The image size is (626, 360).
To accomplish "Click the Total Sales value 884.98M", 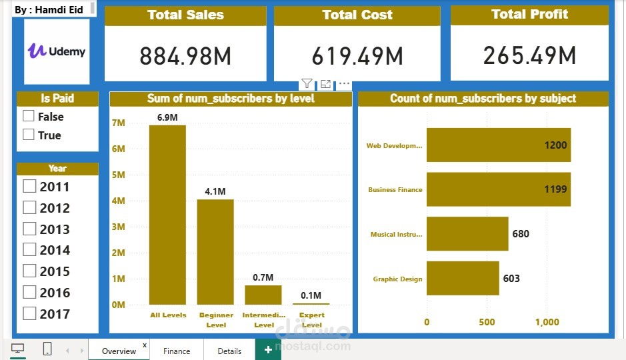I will tap(185, 57).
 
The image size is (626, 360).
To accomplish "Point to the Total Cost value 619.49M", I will tap(357, 57).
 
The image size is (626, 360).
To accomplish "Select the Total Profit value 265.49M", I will tap(529, 55).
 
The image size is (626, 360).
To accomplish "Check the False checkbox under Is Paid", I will tap(29, 116).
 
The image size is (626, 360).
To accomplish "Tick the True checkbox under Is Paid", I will tap(29, 135).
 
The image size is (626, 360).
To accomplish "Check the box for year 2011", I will tap(29, 187).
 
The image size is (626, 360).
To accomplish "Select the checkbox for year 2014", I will tap(29, 250).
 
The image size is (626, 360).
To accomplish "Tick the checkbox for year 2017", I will tap(29, 313).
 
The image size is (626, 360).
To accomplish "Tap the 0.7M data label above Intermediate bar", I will tap(263, 277).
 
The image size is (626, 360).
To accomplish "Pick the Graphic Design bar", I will tap(463, 278).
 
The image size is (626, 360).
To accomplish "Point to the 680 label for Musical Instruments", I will tap(521, 234).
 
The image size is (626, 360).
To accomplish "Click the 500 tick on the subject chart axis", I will tap(487, 322).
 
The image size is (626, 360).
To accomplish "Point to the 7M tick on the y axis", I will tap(118, 123).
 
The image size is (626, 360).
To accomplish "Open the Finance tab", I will tap(177, 351).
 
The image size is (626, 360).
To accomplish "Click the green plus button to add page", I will tap(268, 350).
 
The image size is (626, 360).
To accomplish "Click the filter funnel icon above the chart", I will tap(307, 84).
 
